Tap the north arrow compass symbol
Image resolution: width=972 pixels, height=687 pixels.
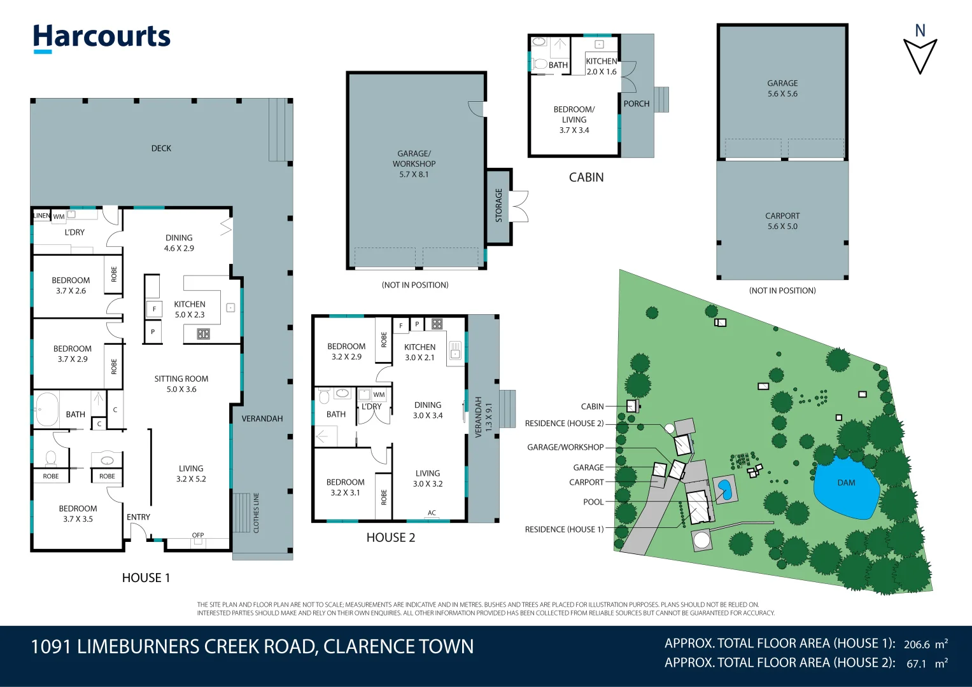click(920, 54)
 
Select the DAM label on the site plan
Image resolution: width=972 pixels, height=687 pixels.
click(846, 483)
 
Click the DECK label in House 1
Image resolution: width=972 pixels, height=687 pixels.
click(161, 148)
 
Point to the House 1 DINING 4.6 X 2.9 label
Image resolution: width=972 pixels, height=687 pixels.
click(179, 243)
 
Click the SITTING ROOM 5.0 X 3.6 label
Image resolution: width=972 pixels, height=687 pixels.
click(181, 384)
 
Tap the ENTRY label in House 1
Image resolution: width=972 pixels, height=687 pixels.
click(138, 517)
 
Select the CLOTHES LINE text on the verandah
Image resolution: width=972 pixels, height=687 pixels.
click(257, 512)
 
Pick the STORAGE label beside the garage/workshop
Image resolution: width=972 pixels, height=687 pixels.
click(498, 205)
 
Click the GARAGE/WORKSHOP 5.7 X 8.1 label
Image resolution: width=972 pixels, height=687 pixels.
click(414, 163)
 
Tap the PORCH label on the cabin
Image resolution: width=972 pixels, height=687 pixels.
click(636, 104)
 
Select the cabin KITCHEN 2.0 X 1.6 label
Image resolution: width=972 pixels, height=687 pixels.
click(601, 66)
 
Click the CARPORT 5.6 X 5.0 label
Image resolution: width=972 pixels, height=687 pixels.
click(782, 221)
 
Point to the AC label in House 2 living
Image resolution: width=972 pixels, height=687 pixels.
click(432, 513)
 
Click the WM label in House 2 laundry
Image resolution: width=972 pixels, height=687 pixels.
click(379, 395)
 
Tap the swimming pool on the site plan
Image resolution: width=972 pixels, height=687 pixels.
click(724, 489)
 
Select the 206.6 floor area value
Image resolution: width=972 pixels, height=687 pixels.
click(917, 644)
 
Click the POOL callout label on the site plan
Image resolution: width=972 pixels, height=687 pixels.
click(593, 502)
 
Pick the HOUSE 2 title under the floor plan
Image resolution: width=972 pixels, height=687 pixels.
click(390, 538)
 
